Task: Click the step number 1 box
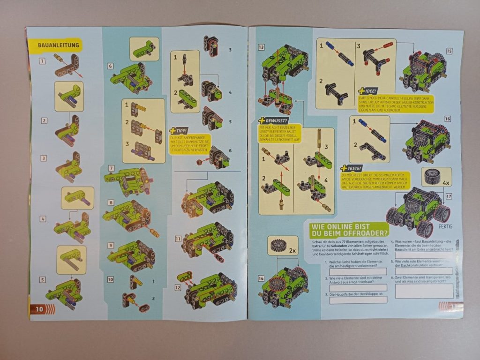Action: point(43,60)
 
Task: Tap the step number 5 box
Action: point(43,280)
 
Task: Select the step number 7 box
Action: point(111,168)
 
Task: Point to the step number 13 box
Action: point(261,47)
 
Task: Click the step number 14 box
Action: point(261,278)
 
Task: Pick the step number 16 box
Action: point(448,119)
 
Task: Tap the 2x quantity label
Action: point(292,251)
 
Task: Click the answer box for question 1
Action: point(358,271)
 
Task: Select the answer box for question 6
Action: point(424,291)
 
